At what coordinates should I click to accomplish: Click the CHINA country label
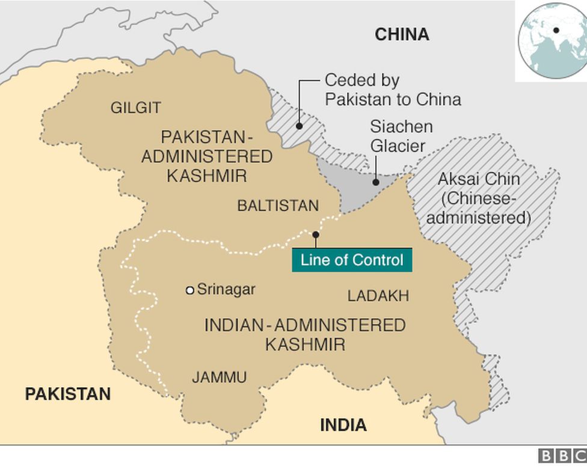tap(402, 34)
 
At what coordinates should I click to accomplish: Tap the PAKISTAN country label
tap(67, 394)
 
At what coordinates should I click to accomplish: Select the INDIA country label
tap(343, 425)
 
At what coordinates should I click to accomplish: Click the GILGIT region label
tap(135, 108)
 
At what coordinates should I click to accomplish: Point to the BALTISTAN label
tap(277, 206)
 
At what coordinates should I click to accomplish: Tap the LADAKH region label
tap(378, 295)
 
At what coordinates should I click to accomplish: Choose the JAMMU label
tap(219, 378)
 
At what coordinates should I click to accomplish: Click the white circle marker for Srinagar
tap(189, 290)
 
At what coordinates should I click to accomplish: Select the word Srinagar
tap(226, 289)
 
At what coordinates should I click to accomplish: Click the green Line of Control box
tap(352, 260)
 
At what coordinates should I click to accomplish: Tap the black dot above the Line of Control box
tap(315, 234)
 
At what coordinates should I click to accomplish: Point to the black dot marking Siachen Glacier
tap(376, 182)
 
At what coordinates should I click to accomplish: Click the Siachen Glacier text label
tap(401, 136)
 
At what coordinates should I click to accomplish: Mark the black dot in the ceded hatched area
tap(299, 126)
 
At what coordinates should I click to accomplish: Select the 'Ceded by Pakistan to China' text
tap(393, 90)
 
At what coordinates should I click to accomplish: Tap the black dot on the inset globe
tap(556, 30)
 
